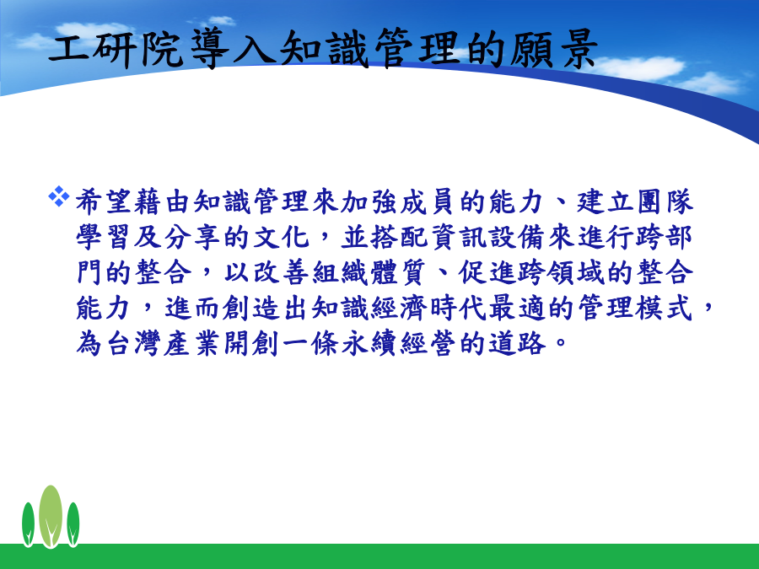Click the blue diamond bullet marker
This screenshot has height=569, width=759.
58,196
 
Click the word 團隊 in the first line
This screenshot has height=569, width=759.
665,201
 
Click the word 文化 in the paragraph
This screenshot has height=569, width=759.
281,237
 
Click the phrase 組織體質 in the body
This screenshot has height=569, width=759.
370,272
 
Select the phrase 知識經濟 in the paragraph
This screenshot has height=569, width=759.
370,308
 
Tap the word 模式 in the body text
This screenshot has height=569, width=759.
665,308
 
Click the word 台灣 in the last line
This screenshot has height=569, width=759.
133,344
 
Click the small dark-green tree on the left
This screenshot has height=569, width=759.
28,524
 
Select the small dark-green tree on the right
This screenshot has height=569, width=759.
73,524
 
